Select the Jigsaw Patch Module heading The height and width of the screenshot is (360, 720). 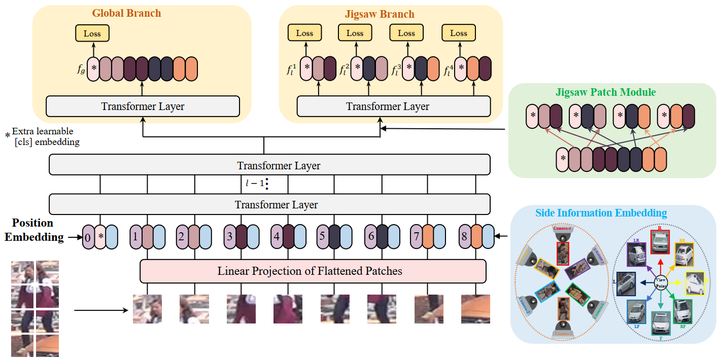click(607, 92)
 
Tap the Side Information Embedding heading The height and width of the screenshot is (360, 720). click(615, 214)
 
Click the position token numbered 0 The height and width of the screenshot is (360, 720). click(89, 238)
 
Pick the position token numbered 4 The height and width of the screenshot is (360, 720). click(277, 238)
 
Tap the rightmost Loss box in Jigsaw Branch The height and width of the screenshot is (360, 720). click(457, 33)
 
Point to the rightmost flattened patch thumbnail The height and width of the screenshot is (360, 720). click(475, 311)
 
